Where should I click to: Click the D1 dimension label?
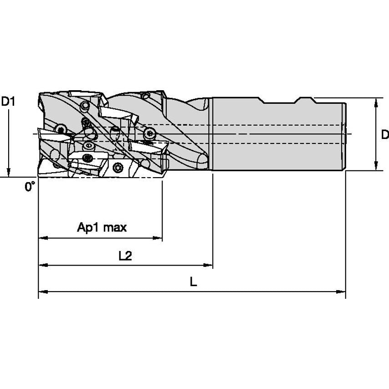(8, 102)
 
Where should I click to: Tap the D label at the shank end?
(385, 135)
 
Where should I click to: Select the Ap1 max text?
(102, 227)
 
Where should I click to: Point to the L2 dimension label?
(125, 256)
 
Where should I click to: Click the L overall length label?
(194, 282)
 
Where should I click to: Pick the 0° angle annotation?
(30, 186)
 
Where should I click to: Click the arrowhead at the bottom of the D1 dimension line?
(9, 173)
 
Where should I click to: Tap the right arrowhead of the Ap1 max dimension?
(158, 238)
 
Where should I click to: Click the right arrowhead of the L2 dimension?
(208, 265)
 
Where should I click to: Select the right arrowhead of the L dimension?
(341, 292)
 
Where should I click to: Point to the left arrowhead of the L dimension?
(43, 292)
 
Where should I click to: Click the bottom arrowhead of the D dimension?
(376, 166)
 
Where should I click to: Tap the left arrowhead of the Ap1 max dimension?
(43, 238)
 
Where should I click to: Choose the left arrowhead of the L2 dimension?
(43, 265)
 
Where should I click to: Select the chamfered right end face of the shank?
(344, 137)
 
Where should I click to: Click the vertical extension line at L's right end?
(346, 235)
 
